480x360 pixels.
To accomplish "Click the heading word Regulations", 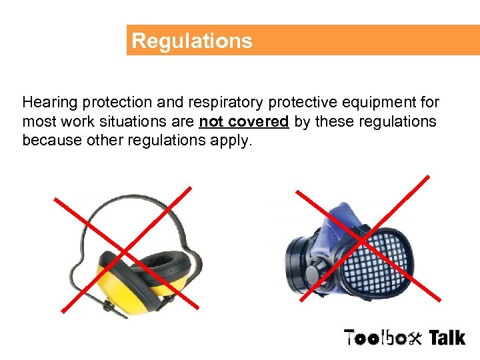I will [x=192, y=41].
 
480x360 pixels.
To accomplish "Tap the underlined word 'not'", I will [x=211, y=122].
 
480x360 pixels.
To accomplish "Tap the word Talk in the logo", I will [x=446, y=337].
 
